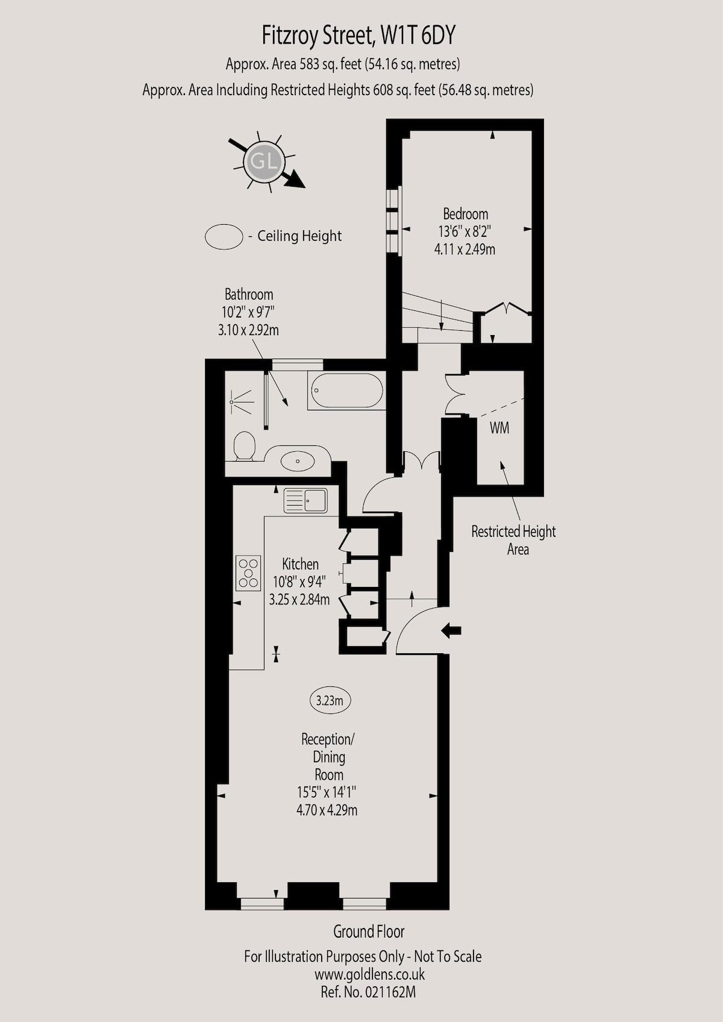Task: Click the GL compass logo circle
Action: tap(264, 161)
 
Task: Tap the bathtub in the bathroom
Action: tap(347, 390)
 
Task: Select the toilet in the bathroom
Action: tap(245, 446)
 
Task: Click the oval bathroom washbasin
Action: tap(298, 461)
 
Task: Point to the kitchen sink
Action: tap(305, 501)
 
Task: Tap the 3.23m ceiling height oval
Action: tap(330, 700)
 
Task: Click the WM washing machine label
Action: tap(499, 428)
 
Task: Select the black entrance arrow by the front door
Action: tap(451, 631)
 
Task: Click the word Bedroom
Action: tap(465, 213)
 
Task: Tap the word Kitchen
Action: tap(300, 565)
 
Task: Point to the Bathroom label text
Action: tap(249, 294)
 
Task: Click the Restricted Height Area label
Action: tap(513, 540)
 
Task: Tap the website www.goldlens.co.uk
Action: tap(369, 974)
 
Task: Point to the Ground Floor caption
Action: tap(369, 932)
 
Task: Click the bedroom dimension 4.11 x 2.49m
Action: tap(465, 249)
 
